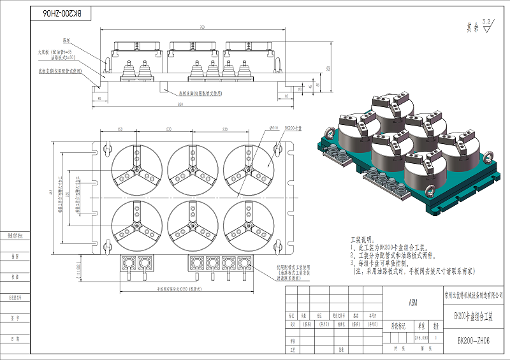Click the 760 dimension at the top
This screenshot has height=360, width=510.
[203, 27]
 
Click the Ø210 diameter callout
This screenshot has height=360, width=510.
[274, 127]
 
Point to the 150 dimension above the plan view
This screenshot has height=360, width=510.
[119, 129]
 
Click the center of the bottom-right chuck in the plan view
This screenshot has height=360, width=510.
[247, 224]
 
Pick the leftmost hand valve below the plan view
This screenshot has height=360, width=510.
[130, 263]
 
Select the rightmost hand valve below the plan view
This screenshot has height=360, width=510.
[242, 263]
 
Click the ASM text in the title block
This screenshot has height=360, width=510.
[412, 304]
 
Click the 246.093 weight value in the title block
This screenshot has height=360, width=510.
[421, 336]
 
